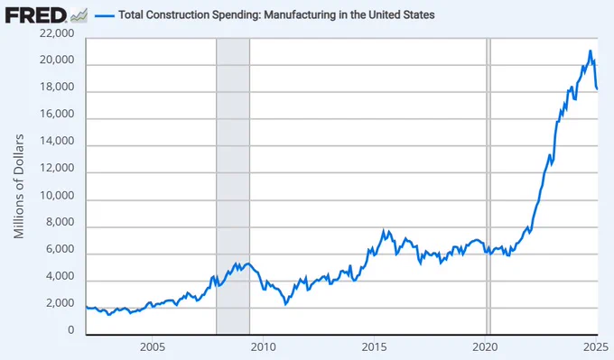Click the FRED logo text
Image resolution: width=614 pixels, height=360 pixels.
pyautogui.click(x=35, y=15)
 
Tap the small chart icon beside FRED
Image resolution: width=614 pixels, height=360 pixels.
pyautogui.click(x=79, y=15)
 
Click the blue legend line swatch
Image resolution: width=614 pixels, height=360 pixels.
pyautogui.click(x=105, y=15)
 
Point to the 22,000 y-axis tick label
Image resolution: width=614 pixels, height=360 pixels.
pyautogui.click(x=57, y=33)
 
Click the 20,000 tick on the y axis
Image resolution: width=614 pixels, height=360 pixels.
pyautogui.click(x=57, y=60)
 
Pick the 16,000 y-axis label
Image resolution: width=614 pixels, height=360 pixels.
pyautogui.click(x=57, y=114)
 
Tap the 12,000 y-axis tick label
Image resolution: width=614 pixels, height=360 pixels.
pyautogui.click(x=57, y=168)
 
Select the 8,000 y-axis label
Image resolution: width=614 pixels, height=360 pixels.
pyautogui.click(x=60, y=222)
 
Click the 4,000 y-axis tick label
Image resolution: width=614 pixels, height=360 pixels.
pyautogui.click(x=60, y=276)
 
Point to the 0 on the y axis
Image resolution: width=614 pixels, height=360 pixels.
pyautogui.click(x=70, y=330)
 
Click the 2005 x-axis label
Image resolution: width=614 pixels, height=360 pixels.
pyautogui.click(x=153, y=346)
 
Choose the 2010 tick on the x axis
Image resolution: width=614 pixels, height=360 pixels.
pyautogui.click(x=263, y=346)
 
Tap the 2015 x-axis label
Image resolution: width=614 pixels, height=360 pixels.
pyautogui.click(x=374, y=346)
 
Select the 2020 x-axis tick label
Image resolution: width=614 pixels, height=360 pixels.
pyautogui.click(x=485, y=346)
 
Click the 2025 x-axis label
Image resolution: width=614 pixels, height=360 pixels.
pyautogui.click(x=596, y=346)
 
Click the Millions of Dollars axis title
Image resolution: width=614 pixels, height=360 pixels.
pyautogui.click(x=19, y=186)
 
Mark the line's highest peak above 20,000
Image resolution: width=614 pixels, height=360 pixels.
pyautogui.click(x=591, y=51)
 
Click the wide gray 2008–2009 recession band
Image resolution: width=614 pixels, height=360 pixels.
pyautogui.click(x=233, y=187)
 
